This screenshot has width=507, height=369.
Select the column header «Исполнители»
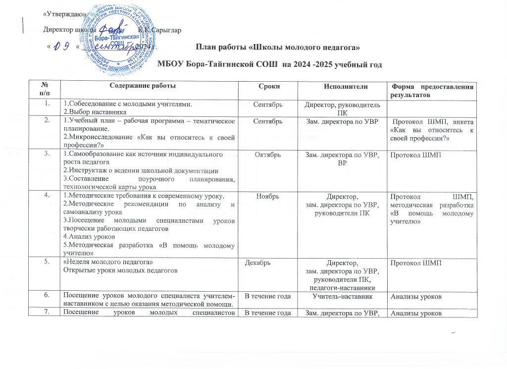click(338, 86)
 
